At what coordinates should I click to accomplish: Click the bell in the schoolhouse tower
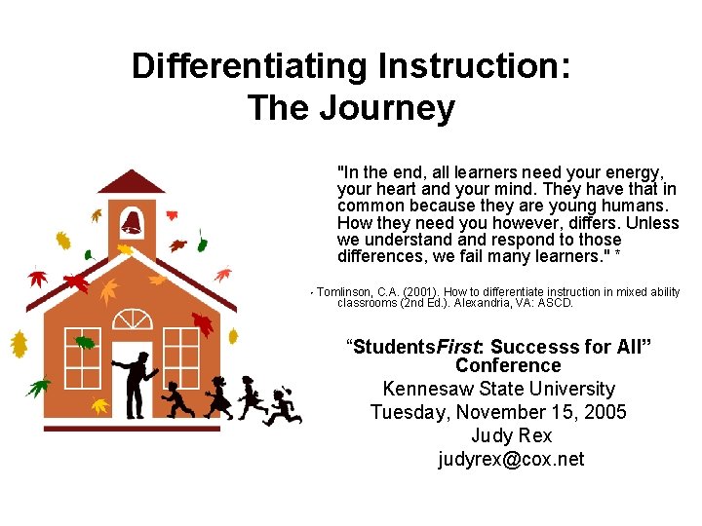coord(132,221)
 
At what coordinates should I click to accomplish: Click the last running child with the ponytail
coord(282,405)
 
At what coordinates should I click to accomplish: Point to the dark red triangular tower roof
coord(132,182)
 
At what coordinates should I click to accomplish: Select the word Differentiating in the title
coord(250,66)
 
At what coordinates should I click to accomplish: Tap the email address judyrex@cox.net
coord(510,459)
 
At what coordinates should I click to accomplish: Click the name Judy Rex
coord(510,435)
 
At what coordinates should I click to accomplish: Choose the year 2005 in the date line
coord(601,412)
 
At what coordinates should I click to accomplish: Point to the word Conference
coord(508,365)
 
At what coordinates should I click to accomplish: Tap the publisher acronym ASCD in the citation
coord(557,303)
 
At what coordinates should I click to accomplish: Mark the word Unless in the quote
coord(652,223)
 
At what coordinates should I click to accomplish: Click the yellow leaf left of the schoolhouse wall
coord(19,344)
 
